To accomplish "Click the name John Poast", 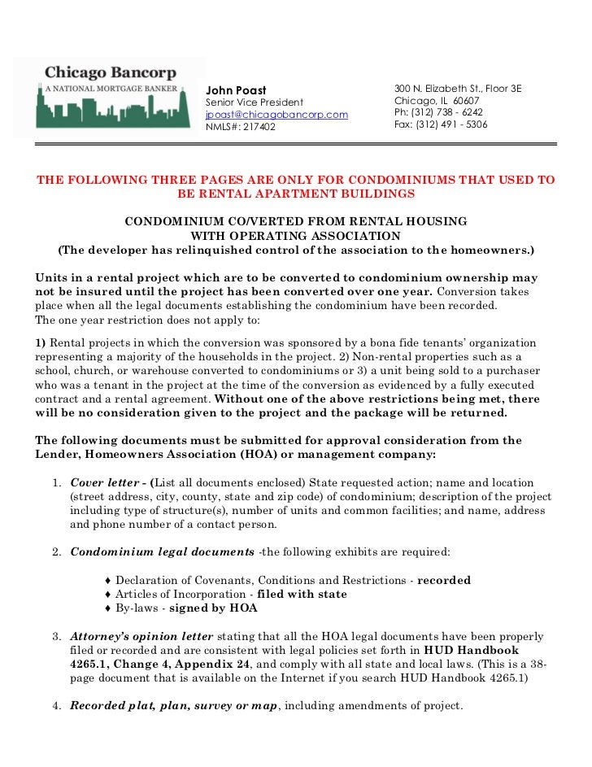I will point(236,89).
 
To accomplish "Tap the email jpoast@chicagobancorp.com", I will point(276,115).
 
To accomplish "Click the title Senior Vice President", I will point(255,102).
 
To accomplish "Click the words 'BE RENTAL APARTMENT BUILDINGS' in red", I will point(295,194).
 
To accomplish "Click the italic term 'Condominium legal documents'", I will point(162,551).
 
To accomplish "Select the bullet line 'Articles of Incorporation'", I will point(174,594).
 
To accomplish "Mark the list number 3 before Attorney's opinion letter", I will point(56,635).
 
